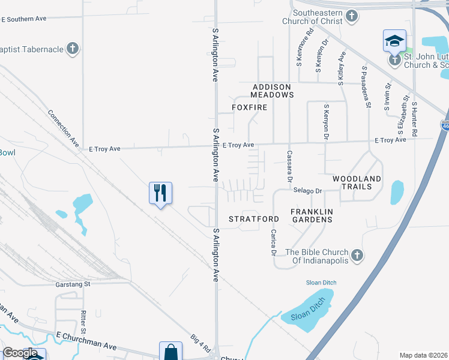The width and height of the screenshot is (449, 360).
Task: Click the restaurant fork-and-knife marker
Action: click(x=160, y=193)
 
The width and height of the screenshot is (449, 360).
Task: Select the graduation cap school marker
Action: click(x=394, y=41)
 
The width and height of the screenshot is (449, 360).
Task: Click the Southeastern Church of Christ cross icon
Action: click(x=352, y=16)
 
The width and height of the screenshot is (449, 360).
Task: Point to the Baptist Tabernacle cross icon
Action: click(x=72, y=49)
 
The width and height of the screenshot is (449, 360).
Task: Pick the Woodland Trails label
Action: click(x=357, y=182)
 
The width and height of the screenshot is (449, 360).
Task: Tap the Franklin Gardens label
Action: click(x=311, y=215)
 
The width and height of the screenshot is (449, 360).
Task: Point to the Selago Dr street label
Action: click(x=308, y=191)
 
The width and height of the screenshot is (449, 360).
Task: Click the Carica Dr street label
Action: click(x=273, y=242)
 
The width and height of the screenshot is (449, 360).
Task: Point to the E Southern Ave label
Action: click(x=24, y=19)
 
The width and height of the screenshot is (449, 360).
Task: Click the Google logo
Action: click(x=20, y=353)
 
